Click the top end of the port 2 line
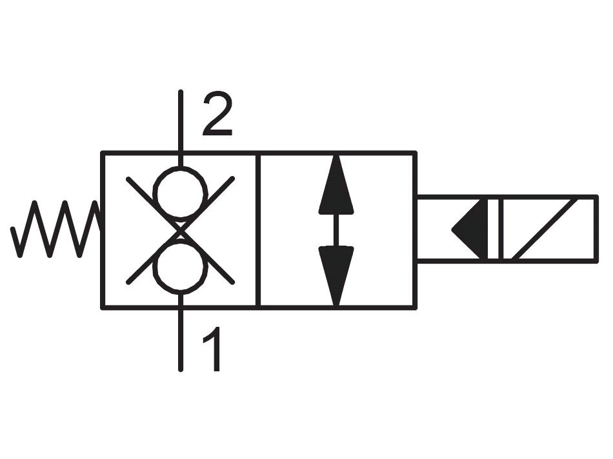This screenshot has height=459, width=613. click(180, 92)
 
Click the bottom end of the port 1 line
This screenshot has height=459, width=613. click(180, 369)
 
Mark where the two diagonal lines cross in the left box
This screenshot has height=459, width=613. click(180, 230)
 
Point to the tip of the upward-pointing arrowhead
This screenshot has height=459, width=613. click(336, 155)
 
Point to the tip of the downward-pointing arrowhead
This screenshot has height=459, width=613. click(336, 306)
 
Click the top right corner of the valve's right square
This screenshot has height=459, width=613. click(415, 153)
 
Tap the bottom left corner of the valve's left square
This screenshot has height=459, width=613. click(103, 308)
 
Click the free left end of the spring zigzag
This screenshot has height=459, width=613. click(12, 228)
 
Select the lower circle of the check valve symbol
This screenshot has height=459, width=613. click(180, 267)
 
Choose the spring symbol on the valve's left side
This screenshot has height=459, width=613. click(56, 229)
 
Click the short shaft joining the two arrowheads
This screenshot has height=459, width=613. click(336, 231)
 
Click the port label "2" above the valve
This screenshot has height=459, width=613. click(217, 115)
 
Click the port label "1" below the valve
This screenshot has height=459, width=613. click(213, 349)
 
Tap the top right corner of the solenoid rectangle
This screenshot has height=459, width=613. click(597, 197)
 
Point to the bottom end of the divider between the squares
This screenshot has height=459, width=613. click(258, 308)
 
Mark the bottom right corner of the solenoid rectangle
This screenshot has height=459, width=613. click(597, 261)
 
